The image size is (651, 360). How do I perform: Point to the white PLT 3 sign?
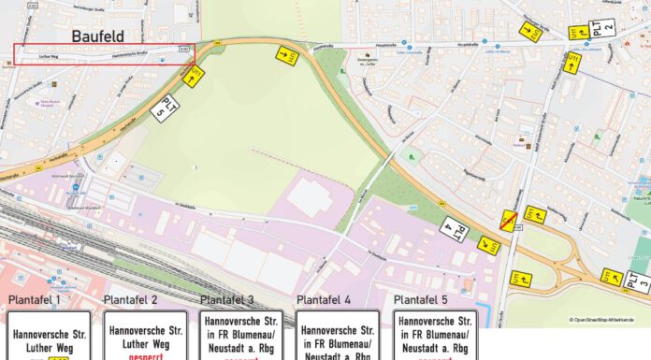click(637, 281)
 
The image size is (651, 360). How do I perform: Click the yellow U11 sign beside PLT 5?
click(195, 76)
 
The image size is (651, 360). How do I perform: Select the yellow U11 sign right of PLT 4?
click(487, 246)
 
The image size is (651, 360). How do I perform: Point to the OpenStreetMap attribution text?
click(607, 320)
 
